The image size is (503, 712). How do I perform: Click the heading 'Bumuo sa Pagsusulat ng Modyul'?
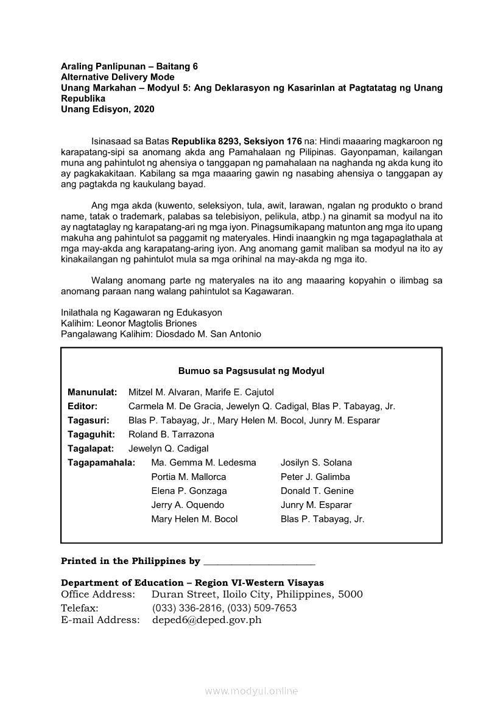pos(251,370)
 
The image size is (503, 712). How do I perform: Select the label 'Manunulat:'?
pos(93,392)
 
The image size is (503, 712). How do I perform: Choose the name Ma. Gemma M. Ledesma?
pos(203,462)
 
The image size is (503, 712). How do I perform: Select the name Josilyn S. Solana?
pos(316,462)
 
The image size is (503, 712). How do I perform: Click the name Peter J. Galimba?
pos(315,476)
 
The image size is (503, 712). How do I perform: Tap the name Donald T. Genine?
pos(317,490)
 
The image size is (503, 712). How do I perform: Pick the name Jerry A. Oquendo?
pos(188,504)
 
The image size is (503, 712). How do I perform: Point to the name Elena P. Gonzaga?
pos(189,490)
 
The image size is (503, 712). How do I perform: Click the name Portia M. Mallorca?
pos(188,476)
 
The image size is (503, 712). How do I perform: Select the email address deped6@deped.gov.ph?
pos(206,620)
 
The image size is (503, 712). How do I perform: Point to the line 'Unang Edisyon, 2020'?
pos(108,109)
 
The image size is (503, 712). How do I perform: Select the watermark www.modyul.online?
pos(251,691)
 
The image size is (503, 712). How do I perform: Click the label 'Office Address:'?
pos(98,594)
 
